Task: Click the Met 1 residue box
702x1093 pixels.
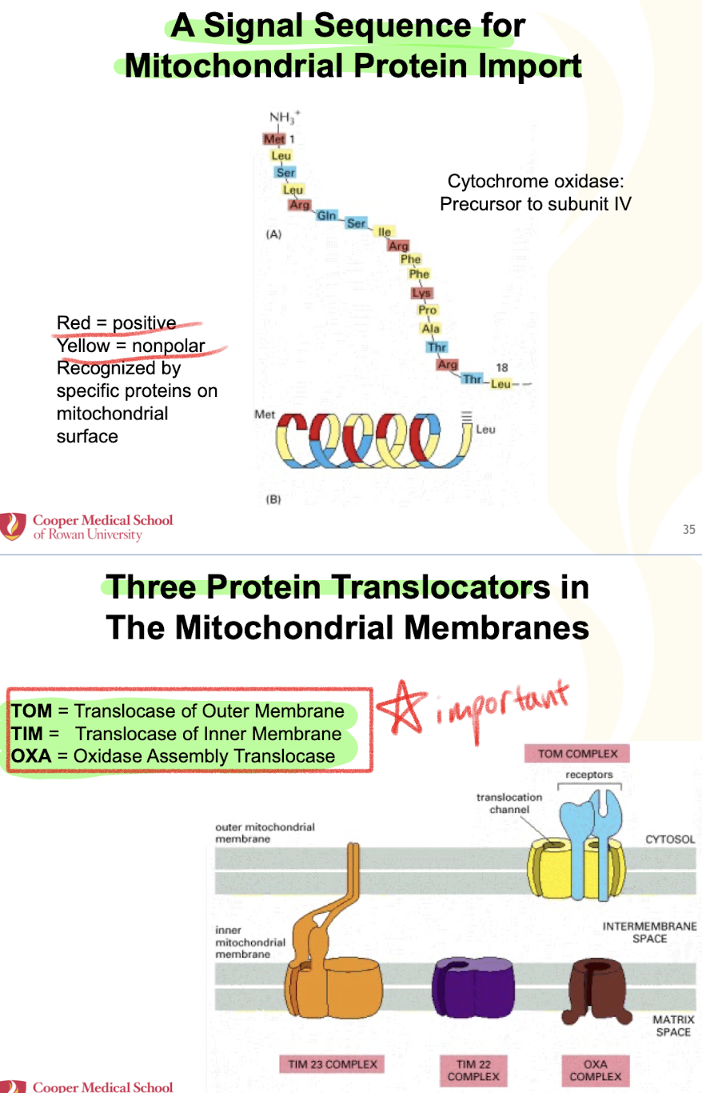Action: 274,139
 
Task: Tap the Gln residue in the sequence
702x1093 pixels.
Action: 326,215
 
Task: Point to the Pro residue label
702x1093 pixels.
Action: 428,310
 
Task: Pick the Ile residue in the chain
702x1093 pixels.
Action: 385,232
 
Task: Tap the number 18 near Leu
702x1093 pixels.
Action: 502,367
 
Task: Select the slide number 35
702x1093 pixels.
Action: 689,528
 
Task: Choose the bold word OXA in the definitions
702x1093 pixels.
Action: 32,755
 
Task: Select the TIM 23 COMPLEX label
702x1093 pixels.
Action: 329,1064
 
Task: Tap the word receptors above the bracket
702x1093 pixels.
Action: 588,775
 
